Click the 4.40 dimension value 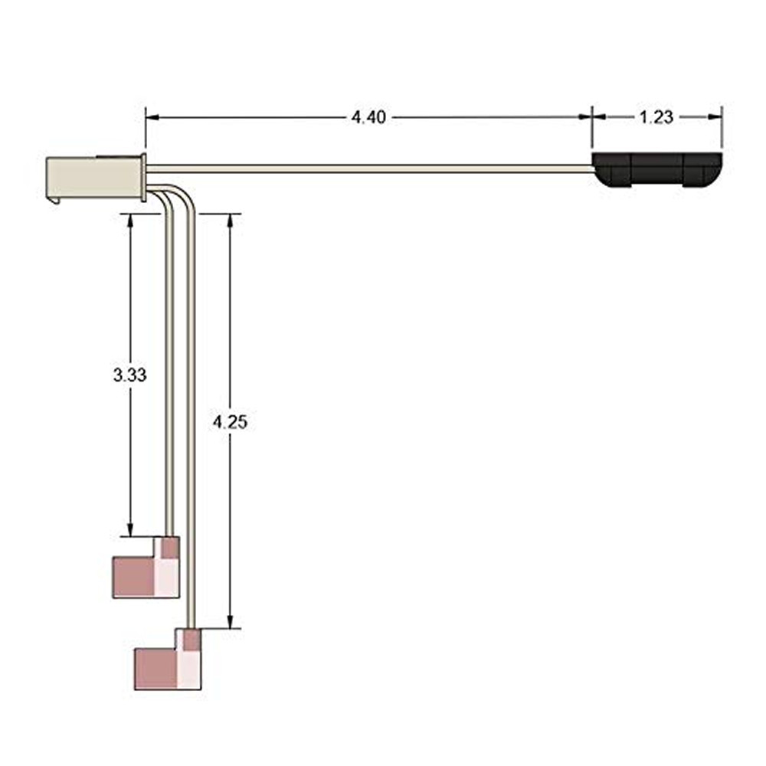(x=368, y=117)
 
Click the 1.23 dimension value (x=656, y=117)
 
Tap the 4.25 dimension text (x=231, y=421)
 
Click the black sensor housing (x=657, y=169)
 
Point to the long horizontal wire (x=368, y=168)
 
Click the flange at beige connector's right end (x=142, y=177)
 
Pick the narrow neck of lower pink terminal (x=193, y=638)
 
